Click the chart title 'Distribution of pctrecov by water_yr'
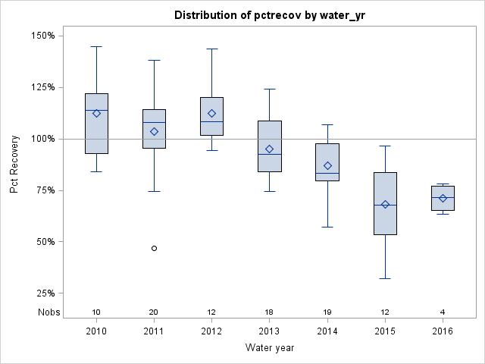270,15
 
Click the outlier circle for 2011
155,248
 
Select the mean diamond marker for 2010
96,113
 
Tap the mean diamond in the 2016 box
443,198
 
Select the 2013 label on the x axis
270,331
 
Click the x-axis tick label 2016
443,331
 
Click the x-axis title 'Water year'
270,348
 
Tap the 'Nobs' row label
47,312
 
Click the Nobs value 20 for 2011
155,312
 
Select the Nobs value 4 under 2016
443,312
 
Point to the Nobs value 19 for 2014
327,312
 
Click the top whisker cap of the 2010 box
96,46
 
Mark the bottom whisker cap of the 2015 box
385,278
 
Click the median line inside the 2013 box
270,154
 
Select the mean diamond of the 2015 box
385,204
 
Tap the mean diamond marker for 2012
212,113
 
